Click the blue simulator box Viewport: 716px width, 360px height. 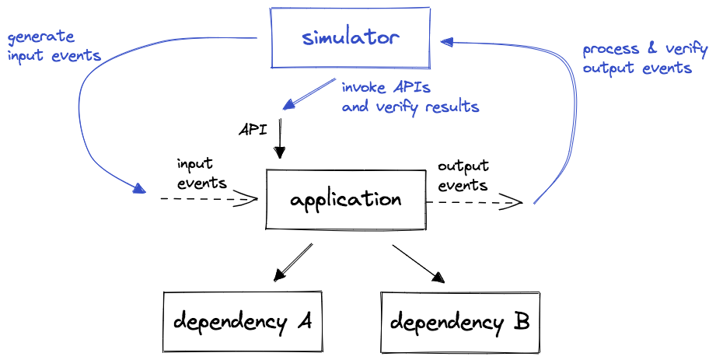pyautogui.click(x=351, y=37)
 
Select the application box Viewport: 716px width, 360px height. pyautogui.click(x=345, y=200)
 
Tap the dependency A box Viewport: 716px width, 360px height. pyautogui.click(x=242, y=321)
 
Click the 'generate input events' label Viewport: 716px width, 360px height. pyautogui.click(x=54, y=46)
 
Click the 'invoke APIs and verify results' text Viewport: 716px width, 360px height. pyautogui.click(x=410, y=96)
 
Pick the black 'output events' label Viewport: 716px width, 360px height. pyautogui.click(x=463, y=175)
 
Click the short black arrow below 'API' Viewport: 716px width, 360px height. pyautogui.click(x=280, y=140)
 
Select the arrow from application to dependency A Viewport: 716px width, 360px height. pyautogui.click(x=294, y=263)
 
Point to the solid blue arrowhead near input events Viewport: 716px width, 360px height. pyautogui.click(x=138, y=188)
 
